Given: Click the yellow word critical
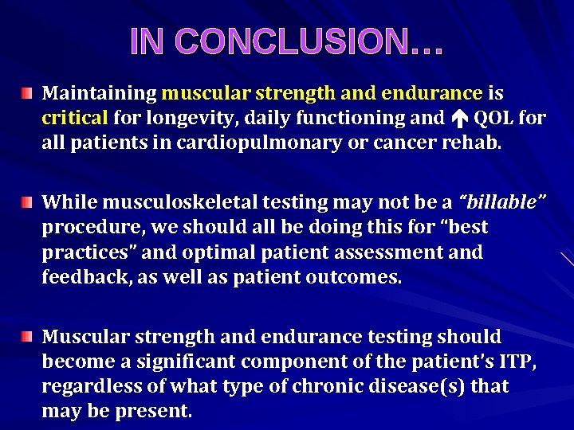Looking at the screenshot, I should click(74, 118).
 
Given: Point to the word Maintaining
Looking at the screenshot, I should click(99, 93).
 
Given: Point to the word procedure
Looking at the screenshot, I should click(88, 228).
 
